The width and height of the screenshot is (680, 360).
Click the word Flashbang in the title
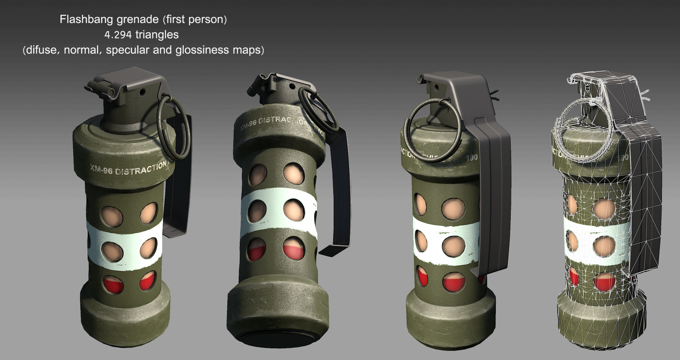click(x=82, y=19)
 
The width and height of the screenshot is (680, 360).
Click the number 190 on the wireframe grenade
click(x=623, y=157)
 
